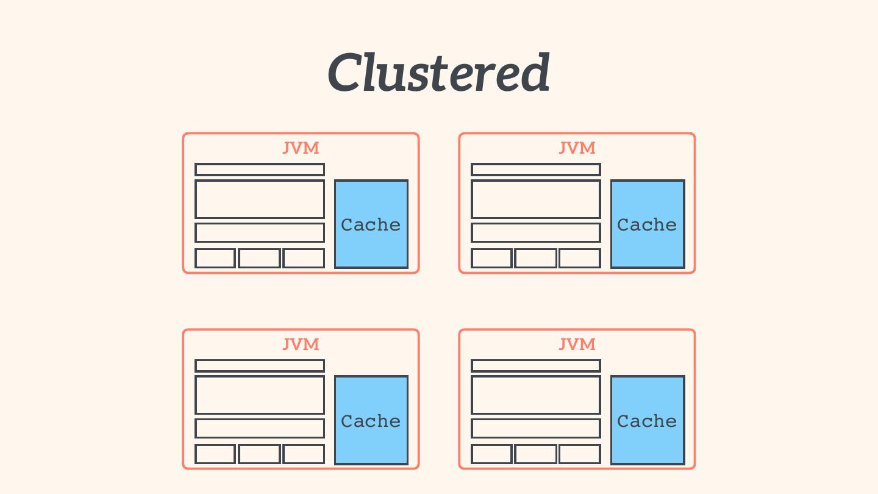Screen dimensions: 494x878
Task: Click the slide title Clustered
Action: pyautogui.click(x=438, y=73)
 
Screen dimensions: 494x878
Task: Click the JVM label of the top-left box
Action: pyautogui.click(x=301, y=148)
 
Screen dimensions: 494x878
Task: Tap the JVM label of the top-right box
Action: pyautogui.click(x=577, y=148)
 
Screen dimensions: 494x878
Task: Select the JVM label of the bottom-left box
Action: pyautogui.click(x=301, y=345)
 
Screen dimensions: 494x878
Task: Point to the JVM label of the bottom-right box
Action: pyautogui.click(x=577, y=345)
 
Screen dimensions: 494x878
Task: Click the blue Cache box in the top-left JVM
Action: pyautogui.click(x=371, y=224)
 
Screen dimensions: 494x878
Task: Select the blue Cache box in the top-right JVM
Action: pyautogui.click(x=647, y=224)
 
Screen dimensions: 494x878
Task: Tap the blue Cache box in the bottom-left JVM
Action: pyautogui.click(x=371, y=420)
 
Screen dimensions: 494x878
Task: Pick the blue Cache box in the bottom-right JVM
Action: pyautogui.click(x=647, y=420)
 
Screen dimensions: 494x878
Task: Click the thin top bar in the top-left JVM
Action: pyautogui.click(x=260, y=170)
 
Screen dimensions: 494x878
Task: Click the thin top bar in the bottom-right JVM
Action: pyautogui.click(x=536, y=366)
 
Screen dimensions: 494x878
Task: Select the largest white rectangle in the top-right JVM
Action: pyautogui.click(x=536, y=199)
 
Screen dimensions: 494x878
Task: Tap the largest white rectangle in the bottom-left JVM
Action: pyautogui.click(x=260, y=395)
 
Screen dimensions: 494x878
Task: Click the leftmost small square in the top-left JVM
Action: pyautogui.click(x=215, y=258)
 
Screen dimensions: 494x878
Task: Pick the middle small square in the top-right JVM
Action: pyautogui.click(x=535, y=258)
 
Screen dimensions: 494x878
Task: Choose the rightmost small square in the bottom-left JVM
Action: pyautogui.click(x=304, y=454)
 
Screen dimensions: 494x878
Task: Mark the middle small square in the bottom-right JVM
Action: pyautogui.click(x=535, y=454)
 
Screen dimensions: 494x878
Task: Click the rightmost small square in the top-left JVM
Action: pyautogui.click(x=304, y=258)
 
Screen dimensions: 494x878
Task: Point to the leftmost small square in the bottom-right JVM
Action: pyautogui.click(x=491, y=454)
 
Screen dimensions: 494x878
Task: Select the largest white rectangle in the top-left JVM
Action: pyautogui.click(x=260, y=199)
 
